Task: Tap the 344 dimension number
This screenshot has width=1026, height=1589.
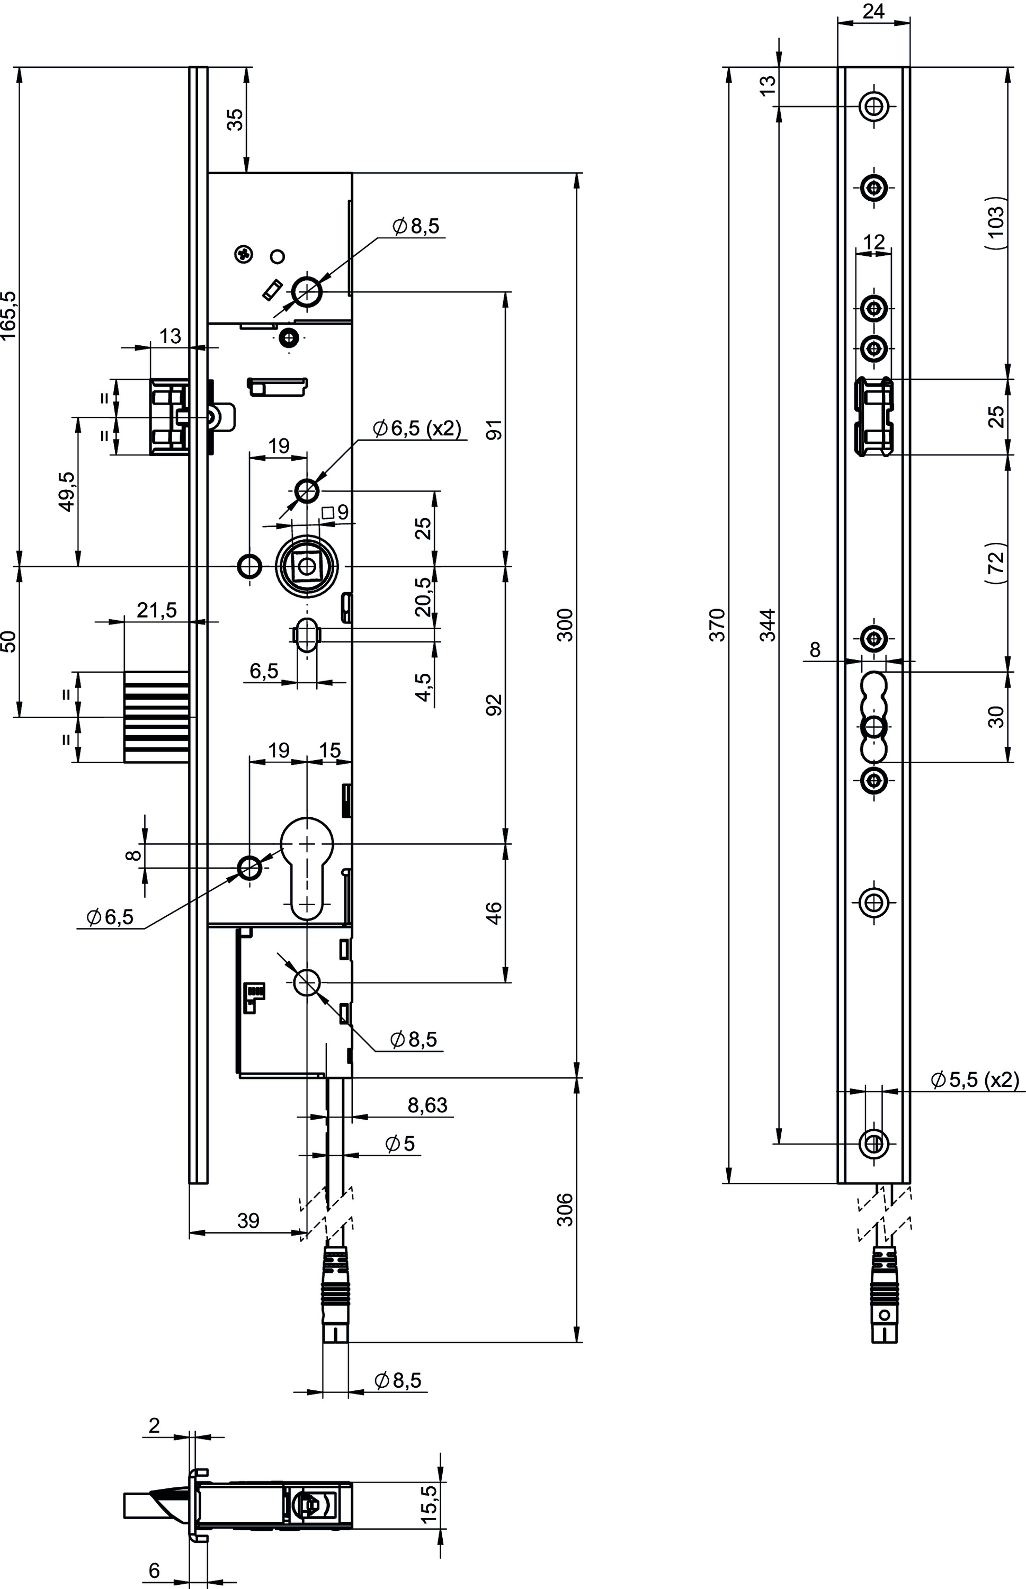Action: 768,624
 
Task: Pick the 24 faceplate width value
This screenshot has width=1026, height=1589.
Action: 873,11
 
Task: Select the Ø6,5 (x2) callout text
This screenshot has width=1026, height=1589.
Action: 417,429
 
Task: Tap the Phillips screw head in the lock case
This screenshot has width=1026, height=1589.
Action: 245,254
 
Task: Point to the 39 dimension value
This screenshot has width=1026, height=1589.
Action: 248,1220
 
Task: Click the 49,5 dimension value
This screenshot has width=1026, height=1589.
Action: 67,491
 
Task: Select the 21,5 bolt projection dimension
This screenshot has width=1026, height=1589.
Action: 157,609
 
